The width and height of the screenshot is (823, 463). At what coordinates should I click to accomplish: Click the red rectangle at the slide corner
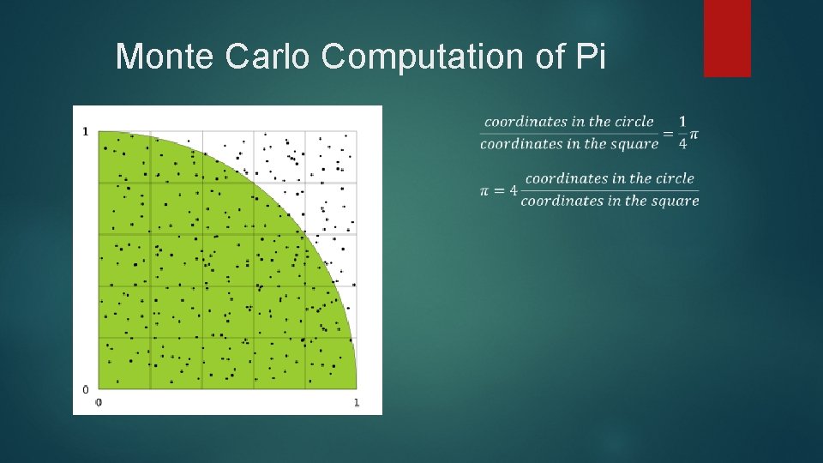click(x=727, y=38)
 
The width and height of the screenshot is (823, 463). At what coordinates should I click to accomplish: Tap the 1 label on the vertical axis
click(x=85, y=131)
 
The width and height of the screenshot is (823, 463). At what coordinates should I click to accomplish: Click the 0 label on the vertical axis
click(x=85, y=389)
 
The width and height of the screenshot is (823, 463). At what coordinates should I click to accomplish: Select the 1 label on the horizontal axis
click(x=357, y=402)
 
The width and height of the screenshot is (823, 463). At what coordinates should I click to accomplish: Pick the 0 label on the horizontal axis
click(x=99, y=402)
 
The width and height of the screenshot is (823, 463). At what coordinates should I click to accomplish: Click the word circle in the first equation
click(x=635, y=122)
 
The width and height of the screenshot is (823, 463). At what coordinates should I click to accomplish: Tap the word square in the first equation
click(x=635, y=144)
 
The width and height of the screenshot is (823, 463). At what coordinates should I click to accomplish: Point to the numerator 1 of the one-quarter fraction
click(x=682, y=122)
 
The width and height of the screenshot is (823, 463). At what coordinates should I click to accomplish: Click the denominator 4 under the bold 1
click(x=682, y=144)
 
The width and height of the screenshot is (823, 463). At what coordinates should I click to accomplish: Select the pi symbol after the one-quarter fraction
click(x=694, y=135)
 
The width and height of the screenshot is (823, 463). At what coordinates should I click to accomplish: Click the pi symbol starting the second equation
click(x=485, y=190)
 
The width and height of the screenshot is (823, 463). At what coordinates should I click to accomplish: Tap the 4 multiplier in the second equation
click(x=513, y=190)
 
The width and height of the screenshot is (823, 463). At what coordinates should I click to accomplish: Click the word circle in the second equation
click(x=676, y=178)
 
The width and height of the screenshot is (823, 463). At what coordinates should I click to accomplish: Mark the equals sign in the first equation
click(x=668, y=133)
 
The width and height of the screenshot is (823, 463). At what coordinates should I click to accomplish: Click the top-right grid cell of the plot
click(x=331, y=157)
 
